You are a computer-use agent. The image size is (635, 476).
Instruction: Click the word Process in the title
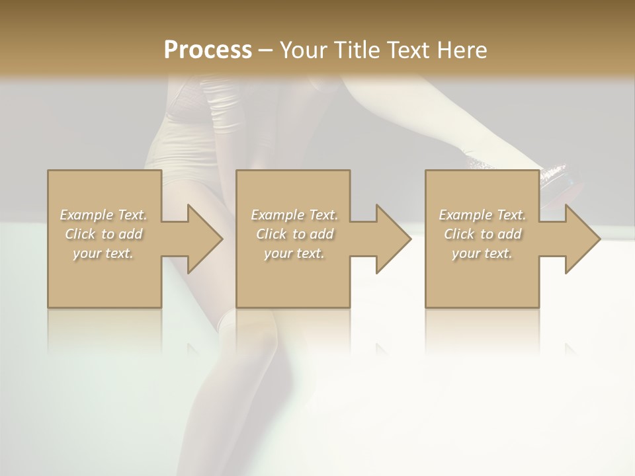208,50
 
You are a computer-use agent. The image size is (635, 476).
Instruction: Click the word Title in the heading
356,50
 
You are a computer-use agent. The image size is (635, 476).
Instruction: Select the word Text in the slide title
407,50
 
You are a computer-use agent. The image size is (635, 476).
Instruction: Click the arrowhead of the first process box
202,239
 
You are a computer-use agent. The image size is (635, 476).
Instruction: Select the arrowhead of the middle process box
391,239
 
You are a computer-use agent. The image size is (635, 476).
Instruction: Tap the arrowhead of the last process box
580,239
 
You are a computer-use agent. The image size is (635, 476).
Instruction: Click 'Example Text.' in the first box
103,215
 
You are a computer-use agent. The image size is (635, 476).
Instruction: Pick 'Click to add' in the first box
103,234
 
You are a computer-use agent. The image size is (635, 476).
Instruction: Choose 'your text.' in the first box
103,253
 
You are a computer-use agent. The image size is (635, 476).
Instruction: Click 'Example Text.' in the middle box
294,215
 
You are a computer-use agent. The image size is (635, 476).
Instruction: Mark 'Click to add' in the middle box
294,234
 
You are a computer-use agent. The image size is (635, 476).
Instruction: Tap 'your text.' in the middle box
294,253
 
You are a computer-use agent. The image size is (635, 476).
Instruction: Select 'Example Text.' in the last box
482,215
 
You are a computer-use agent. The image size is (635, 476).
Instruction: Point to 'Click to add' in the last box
482,234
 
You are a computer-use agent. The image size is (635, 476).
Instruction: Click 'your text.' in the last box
482,253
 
